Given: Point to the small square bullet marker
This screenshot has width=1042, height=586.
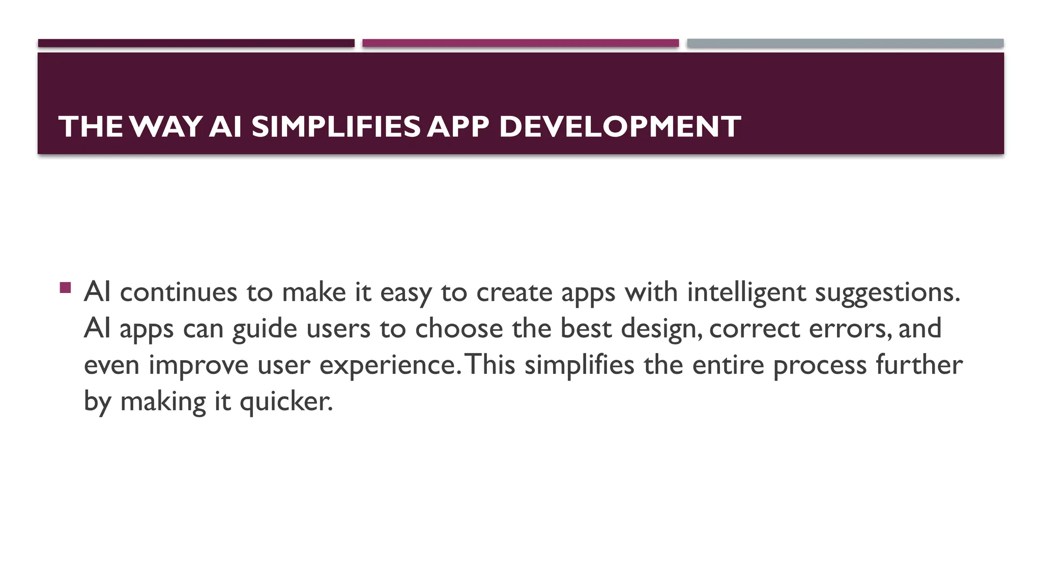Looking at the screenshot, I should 65,288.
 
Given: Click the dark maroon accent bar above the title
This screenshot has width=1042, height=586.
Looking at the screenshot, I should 196,43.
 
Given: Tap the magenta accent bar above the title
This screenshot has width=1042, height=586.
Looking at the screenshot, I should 520,43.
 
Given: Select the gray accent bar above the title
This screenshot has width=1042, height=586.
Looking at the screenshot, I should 845,43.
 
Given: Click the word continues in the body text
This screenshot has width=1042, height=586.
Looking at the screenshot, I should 179,292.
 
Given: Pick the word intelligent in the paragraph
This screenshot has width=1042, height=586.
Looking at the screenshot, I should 746,292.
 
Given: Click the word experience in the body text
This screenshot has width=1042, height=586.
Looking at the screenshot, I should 388,365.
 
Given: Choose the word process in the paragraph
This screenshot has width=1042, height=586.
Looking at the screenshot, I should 820,365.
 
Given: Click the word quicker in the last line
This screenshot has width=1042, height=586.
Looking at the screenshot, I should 286,402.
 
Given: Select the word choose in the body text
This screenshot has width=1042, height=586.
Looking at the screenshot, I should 459,329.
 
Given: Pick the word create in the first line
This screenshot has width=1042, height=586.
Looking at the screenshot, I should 514,292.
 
